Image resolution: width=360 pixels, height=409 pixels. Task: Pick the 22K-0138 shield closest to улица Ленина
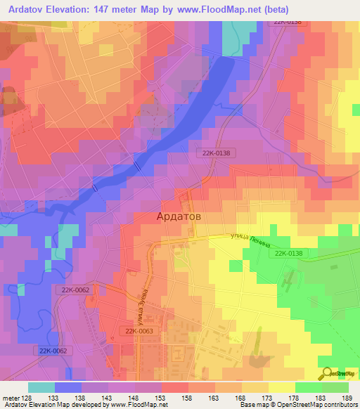289,254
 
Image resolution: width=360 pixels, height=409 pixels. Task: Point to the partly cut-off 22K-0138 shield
288,22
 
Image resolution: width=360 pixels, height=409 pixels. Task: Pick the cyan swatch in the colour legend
41,387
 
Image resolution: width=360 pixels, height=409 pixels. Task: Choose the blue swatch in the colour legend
68,387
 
